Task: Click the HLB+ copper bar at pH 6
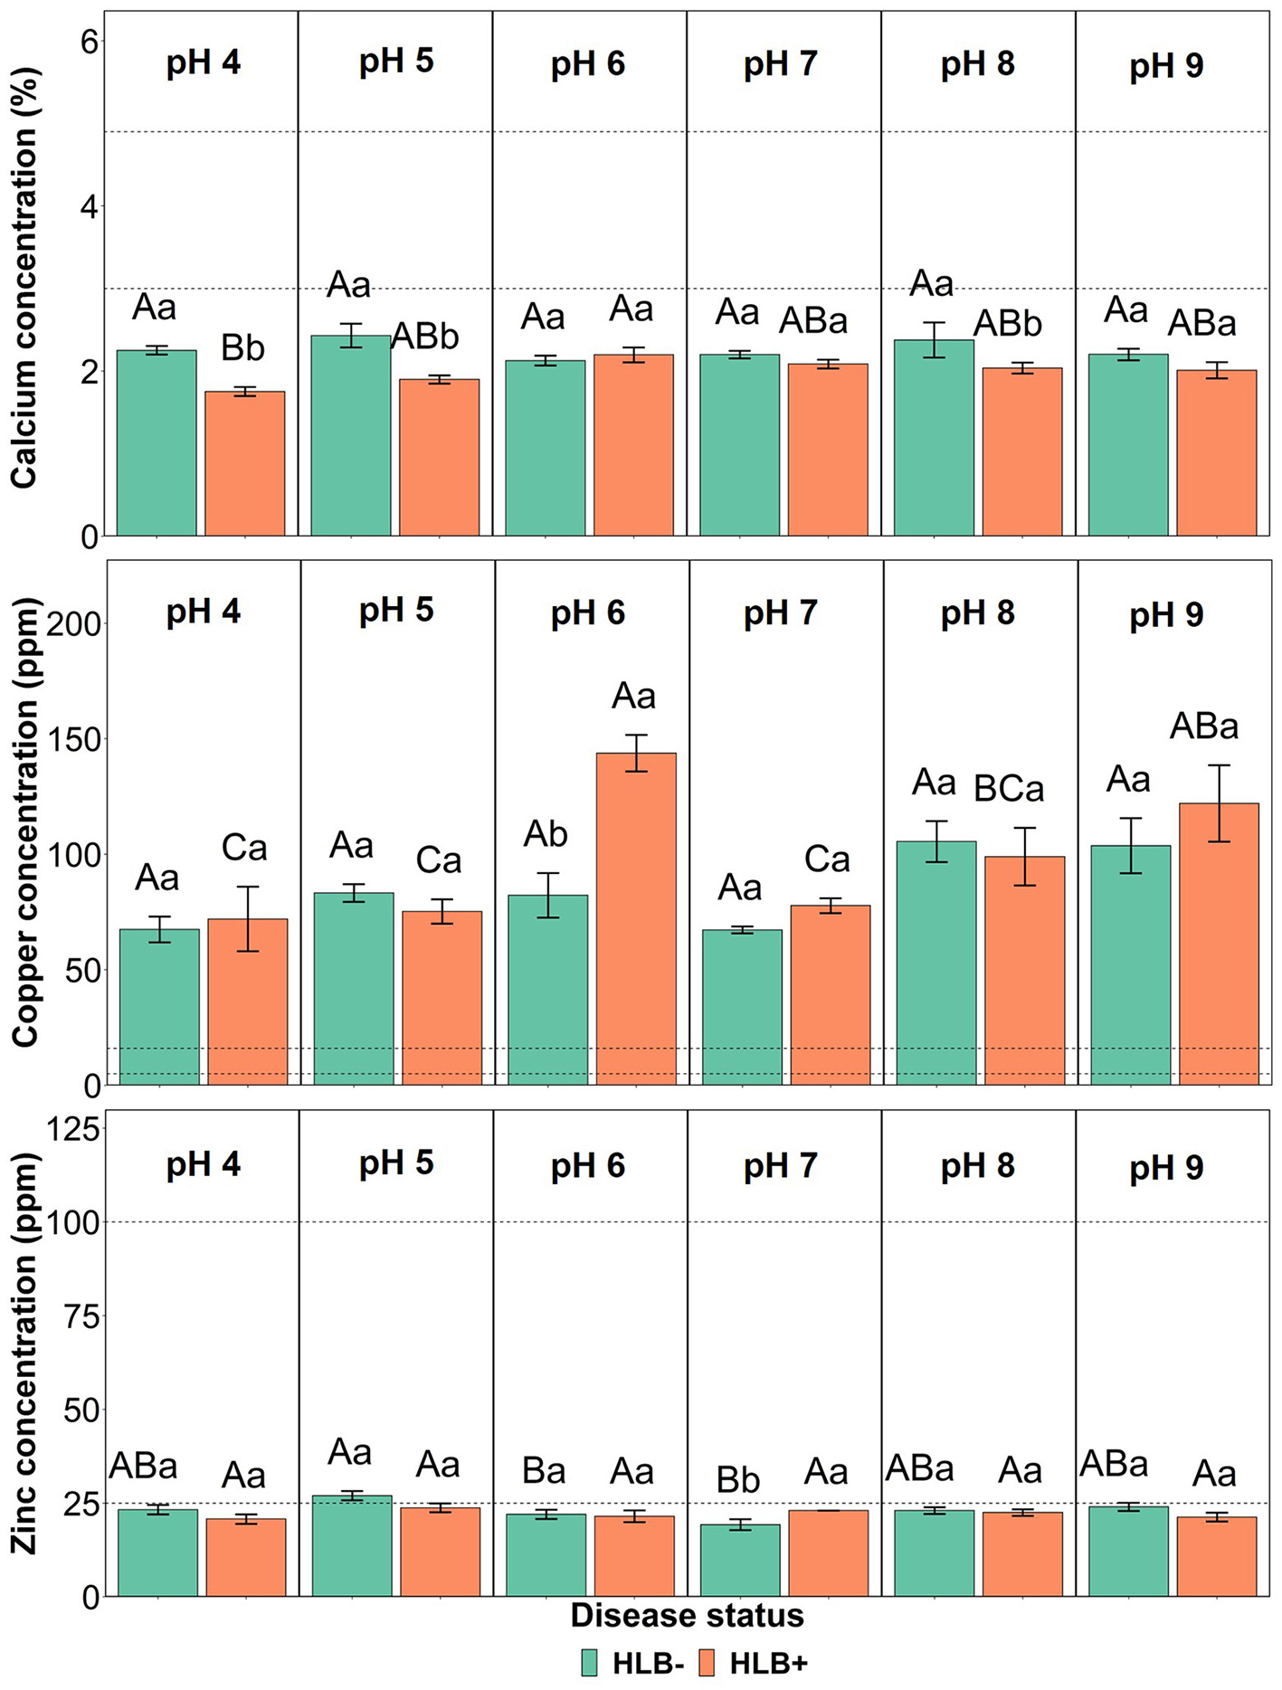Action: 635,918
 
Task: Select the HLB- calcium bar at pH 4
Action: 157,443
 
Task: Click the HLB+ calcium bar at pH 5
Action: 439,458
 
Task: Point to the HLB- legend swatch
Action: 590,1663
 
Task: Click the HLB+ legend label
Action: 768,1663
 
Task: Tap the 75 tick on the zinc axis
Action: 82,1315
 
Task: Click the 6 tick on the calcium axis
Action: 89,42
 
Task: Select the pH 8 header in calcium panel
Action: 977,64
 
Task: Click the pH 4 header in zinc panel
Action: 203,1164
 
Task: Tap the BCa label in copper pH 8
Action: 1008,789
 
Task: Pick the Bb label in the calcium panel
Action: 242,347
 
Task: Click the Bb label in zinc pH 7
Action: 737,1480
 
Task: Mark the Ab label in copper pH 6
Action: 546,834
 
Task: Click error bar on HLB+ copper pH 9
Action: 1219,803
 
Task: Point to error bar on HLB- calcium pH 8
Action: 934,340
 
